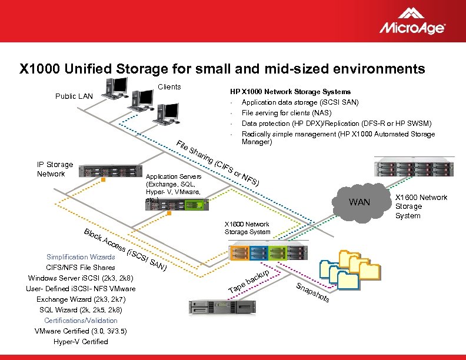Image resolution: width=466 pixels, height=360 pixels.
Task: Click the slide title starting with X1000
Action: [x=222, y=69]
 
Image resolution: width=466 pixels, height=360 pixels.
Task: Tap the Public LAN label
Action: [x=74, y=96]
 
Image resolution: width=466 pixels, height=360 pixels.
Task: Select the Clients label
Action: [x=169, y=87]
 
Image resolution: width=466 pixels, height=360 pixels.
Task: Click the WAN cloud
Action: [x=360, y=201]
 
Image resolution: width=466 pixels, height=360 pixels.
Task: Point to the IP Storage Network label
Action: [x=55, y=169]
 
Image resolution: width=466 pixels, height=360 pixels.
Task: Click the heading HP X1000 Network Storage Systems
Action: [x=290, y=92]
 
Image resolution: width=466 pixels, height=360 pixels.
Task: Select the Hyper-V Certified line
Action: [x=81, y=342]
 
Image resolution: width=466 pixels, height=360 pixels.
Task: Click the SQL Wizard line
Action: [x=81, y=310]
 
